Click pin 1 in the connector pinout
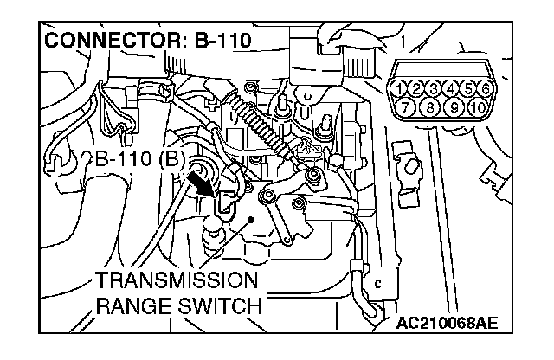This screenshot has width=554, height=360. tap(399, 87)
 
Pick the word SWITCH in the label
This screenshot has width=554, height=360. tap(218, 305)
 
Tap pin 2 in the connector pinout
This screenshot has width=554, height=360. tap(415, 87)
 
